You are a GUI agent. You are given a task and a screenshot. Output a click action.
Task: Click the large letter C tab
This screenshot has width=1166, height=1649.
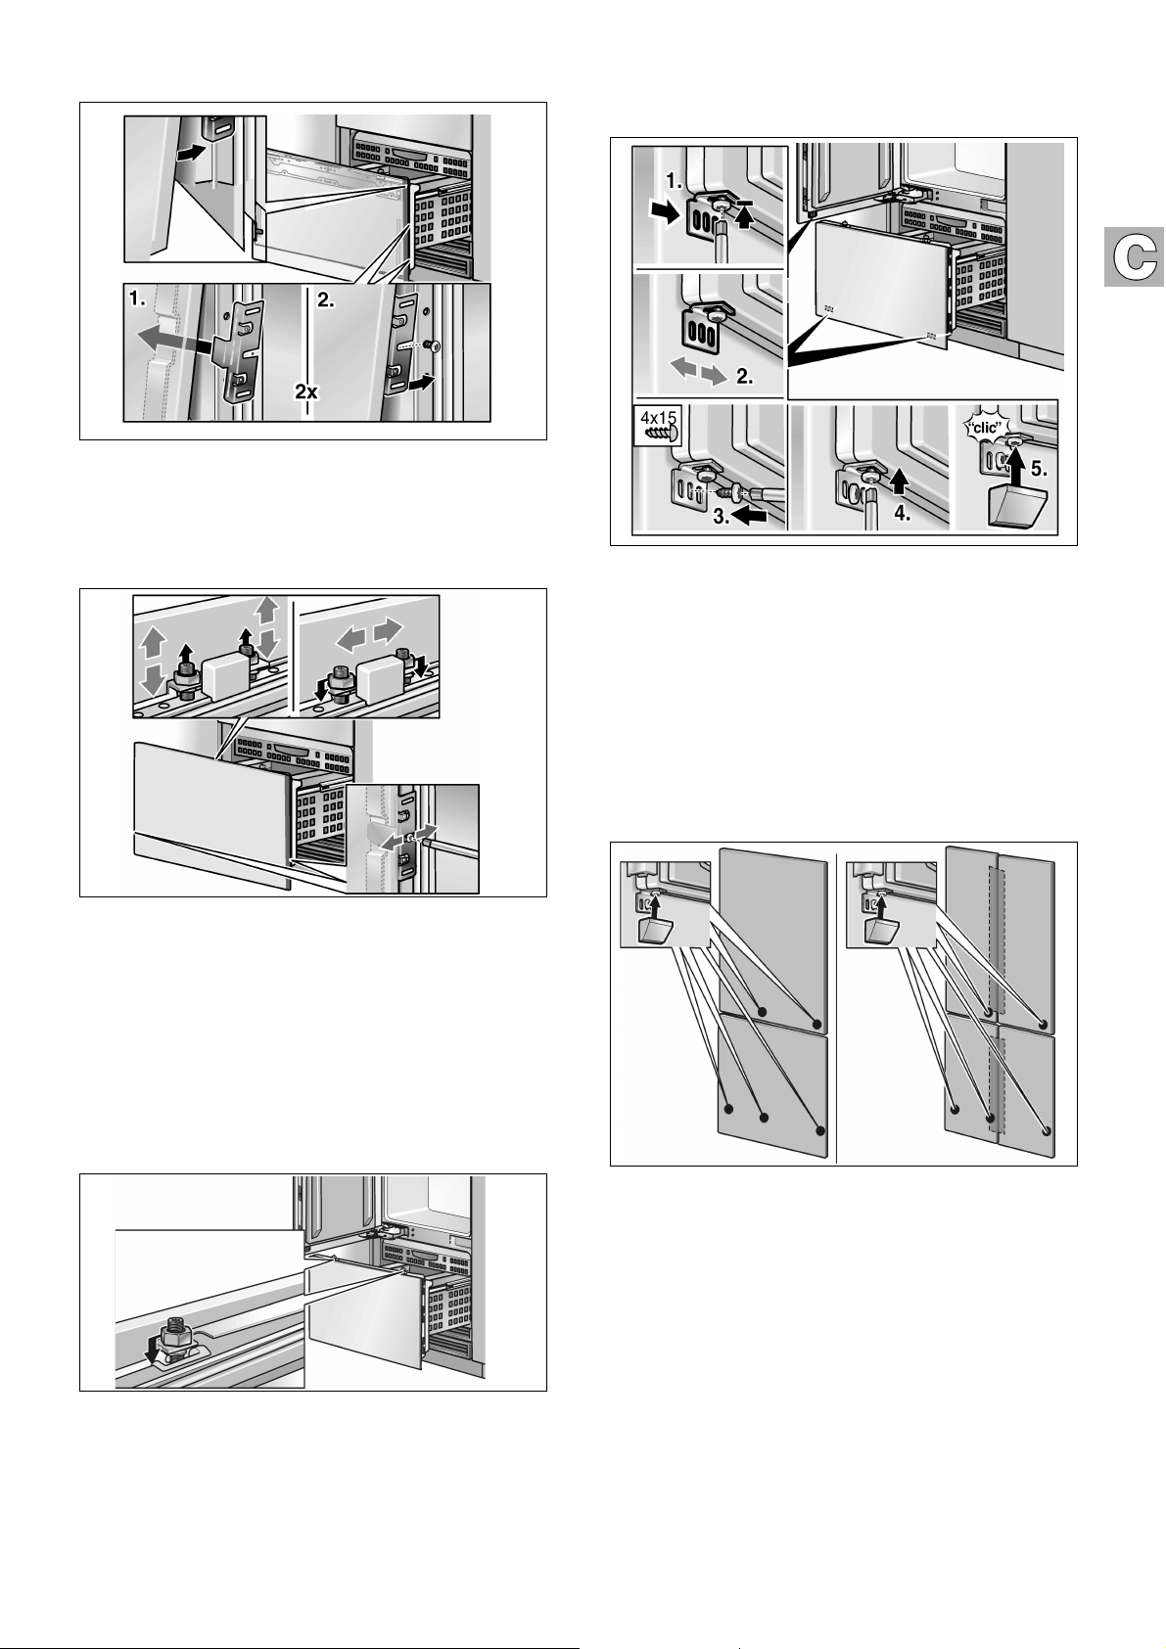[x=1135, y=257]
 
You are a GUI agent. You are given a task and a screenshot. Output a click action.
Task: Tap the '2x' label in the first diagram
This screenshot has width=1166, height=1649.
[x=306, y=391]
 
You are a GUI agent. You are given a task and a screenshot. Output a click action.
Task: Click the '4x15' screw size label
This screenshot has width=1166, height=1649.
[x=658, y=418]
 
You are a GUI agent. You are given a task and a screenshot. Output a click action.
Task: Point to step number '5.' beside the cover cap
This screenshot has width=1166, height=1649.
[x=1039, y=468]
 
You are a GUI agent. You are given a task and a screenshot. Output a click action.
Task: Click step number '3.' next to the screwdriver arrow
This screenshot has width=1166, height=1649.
[x=722, y=517]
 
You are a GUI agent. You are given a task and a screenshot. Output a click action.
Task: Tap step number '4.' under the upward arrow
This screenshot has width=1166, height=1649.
[x=903, y=513]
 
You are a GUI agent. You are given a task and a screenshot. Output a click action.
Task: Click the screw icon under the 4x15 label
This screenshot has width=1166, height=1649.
[x=659, y=435]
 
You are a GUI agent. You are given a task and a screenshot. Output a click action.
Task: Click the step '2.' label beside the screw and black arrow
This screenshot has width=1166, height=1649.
[x=326, y=300]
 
